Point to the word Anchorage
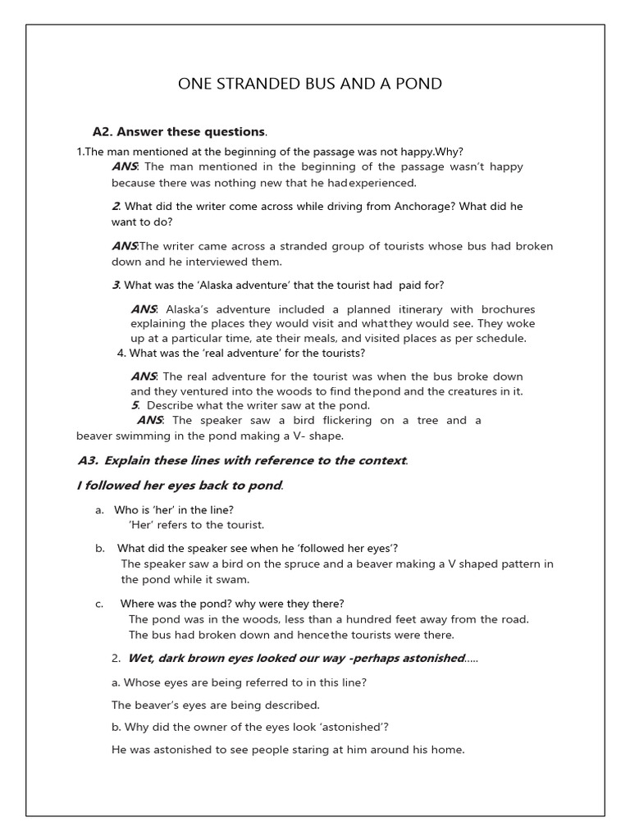tap(421, 206)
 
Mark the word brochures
tap(507, 309)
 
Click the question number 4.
tap(121, 354)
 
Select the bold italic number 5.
tap(135, 405)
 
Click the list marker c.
tap(98, 604)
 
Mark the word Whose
tap(142, 682)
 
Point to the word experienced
tap(383, 183)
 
